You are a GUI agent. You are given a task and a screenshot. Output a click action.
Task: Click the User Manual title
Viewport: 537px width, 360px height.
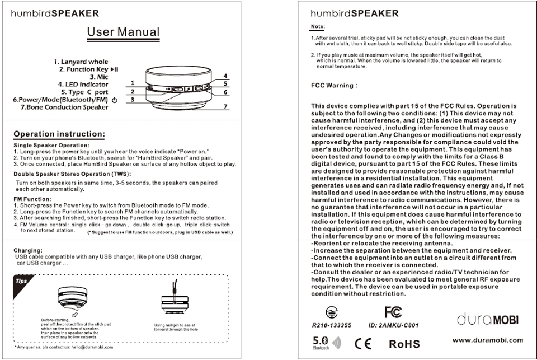123,32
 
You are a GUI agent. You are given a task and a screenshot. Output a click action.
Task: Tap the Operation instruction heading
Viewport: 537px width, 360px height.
59,134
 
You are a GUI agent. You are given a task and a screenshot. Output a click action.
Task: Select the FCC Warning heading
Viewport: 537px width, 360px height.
333,86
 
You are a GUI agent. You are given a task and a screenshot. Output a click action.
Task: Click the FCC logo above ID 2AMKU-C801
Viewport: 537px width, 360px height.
393,311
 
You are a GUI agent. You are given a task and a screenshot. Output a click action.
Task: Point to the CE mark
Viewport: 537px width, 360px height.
362,343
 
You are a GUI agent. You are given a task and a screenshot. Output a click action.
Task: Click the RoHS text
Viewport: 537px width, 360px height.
404,343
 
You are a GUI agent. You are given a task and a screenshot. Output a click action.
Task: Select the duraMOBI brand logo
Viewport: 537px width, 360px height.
487,320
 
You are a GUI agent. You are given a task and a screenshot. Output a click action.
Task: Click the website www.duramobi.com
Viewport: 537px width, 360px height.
487,340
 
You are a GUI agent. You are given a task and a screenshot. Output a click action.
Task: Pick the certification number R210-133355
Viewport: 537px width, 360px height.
331,325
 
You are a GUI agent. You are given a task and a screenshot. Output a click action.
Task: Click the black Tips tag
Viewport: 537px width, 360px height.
21,280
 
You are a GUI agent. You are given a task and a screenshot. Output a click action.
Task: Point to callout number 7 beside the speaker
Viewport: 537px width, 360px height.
225,106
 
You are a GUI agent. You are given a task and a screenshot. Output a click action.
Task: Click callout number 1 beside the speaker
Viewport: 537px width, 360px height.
133,83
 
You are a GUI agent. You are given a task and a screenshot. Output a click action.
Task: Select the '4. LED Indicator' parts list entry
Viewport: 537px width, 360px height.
83,85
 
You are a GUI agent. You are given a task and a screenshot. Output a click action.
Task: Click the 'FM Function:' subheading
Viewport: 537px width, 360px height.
32,199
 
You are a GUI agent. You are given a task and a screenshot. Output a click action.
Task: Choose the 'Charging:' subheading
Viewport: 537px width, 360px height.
29,250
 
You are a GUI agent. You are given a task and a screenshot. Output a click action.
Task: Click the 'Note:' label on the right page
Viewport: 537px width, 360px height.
318,27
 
